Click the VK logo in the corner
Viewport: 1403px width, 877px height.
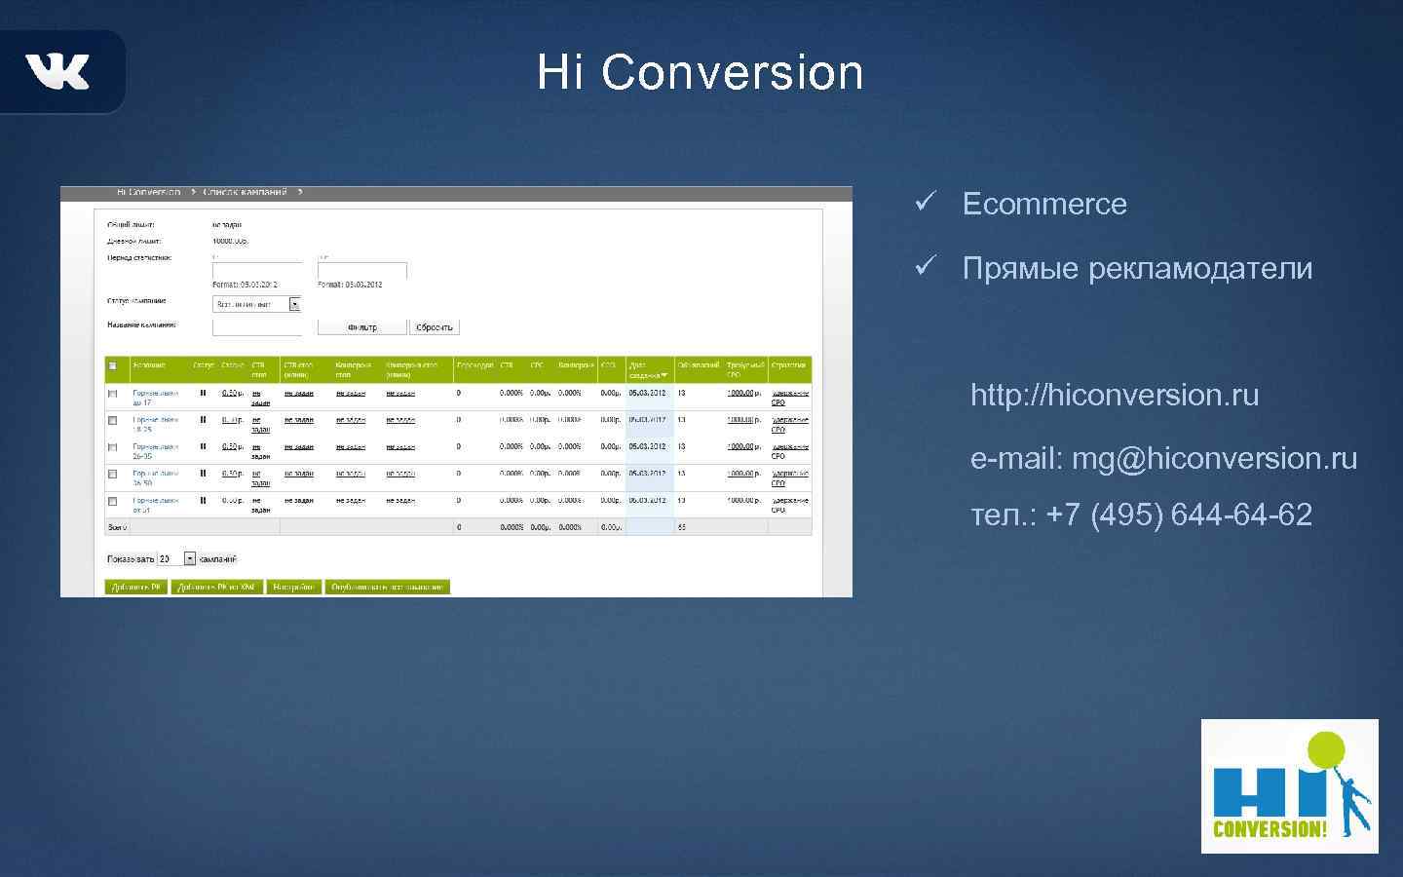(57, 71)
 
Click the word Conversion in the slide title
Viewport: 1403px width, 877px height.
(732, 73)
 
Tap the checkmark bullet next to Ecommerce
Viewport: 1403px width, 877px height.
(925, 203)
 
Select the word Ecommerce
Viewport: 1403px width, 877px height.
(1043, 204)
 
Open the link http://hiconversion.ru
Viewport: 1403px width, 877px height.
(1114, 395)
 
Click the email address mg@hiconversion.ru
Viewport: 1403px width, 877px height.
(1214, 458)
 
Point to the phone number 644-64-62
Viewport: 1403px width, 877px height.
(1241, 515)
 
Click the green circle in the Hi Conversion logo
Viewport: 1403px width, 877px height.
(1326, 751)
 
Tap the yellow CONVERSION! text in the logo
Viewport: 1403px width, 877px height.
(1270, 829)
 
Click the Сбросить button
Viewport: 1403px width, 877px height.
(434, 327)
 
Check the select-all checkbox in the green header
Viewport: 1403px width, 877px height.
(112, 366)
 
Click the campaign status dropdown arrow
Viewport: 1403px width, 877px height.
(295, 304)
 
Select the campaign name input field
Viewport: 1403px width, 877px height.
(257, 327)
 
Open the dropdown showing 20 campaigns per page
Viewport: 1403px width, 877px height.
(190, 559)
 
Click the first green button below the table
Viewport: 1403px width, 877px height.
(135, 587)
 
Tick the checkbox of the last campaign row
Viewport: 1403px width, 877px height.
(112, 502)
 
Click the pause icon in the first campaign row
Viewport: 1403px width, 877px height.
(203, 393)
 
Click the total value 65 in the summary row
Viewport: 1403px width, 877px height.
(682, 527)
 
